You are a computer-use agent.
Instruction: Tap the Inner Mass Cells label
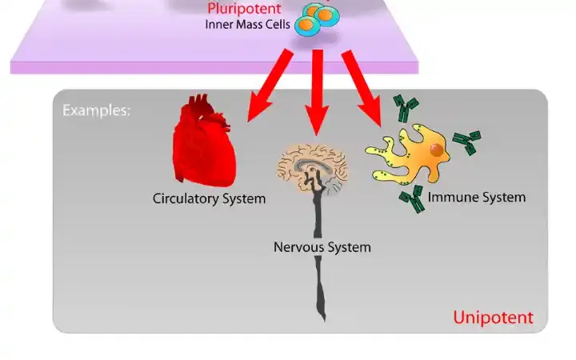pyautogui.click(x=248, y=24)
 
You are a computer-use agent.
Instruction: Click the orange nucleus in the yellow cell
pyautogui.click(x=436, y=150)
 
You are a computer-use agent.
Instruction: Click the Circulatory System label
pyautogui.click(x=209, y=198)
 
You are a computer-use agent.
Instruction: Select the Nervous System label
pyautogui.click(x=322, y=247)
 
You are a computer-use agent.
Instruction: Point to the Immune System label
pyautogui.click(x=477, y=197)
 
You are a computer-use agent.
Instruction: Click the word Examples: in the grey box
pyautogui.click(x=96, y=110)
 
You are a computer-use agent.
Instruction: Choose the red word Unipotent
pyautogui.click(x=493, y=318)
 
